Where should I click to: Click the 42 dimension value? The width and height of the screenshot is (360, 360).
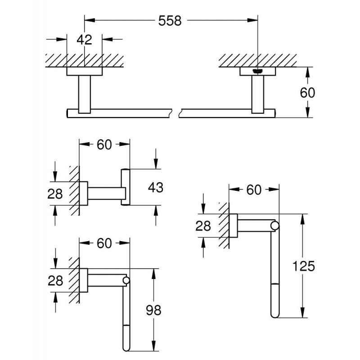[84, 40]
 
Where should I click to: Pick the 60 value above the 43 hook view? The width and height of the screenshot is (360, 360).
[104, 144]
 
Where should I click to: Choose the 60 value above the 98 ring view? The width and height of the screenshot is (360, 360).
[104, 243]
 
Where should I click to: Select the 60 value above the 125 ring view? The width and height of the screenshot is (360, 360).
[253, 190]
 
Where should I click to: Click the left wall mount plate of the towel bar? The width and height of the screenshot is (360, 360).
[85, 72]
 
